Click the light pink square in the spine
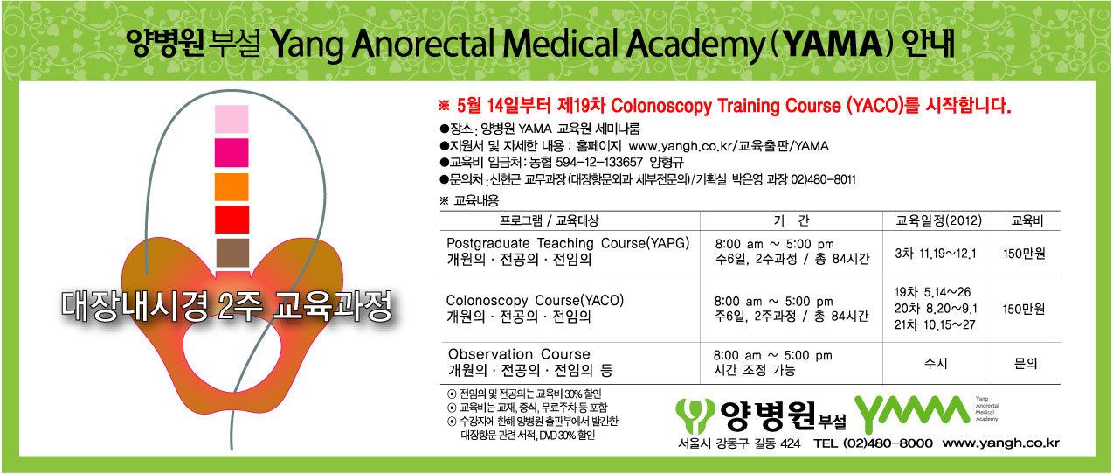[232, 119]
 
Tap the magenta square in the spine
[232, 152]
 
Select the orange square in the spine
[232, 186]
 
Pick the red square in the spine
[232, 220]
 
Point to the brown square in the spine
[232, 253]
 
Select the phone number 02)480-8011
[823, 179]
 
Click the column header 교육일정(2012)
[938, 220]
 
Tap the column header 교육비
[1027, 220]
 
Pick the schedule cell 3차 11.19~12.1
[936, 254]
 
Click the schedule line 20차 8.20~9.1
[936, 309]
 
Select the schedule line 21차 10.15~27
[935, 324]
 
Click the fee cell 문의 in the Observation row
[1026, 364]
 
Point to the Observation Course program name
[519, 354]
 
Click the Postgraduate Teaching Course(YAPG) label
[568, 243]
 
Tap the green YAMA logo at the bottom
[912, 413]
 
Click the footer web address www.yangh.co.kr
[1000, 443]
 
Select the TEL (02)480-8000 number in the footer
[873, 443]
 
